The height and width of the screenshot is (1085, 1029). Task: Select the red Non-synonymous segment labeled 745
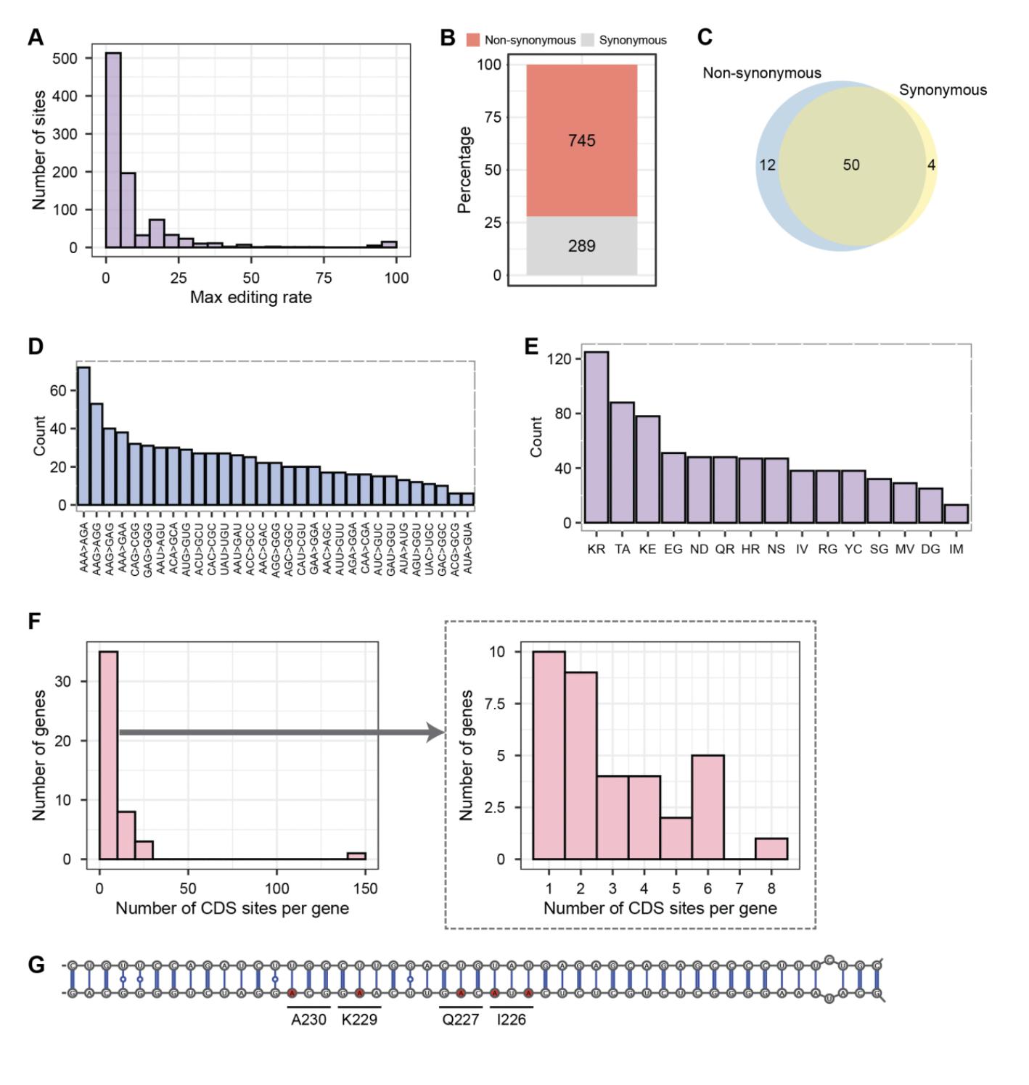pos(582,140)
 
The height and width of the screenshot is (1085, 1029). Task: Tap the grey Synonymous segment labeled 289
pos(582,246)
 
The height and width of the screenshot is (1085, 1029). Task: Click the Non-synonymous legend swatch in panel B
pos(473,40)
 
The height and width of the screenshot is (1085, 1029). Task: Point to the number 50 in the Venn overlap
pos(851,165)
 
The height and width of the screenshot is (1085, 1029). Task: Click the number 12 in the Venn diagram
pos(767,165)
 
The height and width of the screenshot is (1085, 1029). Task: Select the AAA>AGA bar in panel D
pos(84,435)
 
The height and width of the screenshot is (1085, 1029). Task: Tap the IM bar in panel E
pos(956,513)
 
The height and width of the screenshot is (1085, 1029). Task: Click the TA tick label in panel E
pos(623,549)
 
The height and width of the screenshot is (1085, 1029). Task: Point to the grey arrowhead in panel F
pos(436,733)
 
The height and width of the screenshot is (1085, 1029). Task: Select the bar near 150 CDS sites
pos(356,856)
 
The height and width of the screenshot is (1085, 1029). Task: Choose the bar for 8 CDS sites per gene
pos(771,849)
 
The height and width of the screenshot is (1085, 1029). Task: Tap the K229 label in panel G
pos(359,1019)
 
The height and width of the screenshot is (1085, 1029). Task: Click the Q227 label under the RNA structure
pos(461,1019)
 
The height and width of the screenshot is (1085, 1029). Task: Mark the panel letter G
pos(36,965)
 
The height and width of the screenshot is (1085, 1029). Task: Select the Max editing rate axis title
pos(251,297)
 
